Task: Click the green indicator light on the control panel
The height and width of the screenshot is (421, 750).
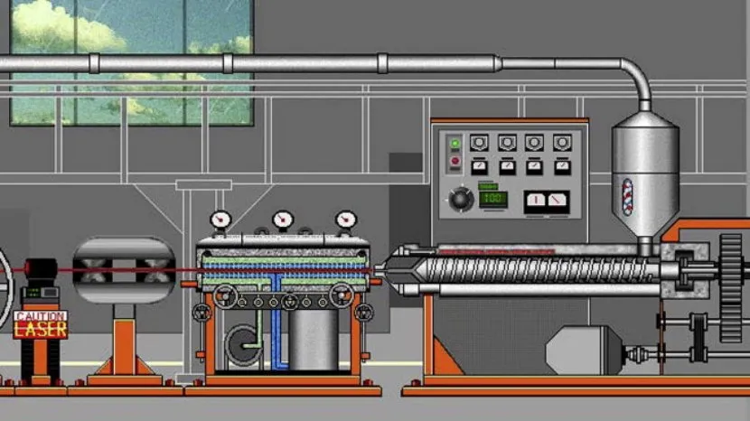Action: pos(455,143)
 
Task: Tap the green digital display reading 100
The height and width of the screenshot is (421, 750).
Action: pos(493,199)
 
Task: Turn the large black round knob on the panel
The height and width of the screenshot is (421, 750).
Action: pos(461,199)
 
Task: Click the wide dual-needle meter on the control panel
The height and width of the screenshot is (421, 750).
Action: pos(547,201)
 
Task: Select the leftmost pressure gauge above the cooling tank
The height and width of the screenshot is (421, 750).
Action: pos(220,220)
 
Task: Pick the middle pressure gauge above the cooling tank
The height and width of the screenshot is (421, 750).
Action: pos(283,220)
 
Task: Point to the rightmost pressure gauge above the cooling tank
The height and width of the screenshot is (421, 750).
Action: pos(345,220)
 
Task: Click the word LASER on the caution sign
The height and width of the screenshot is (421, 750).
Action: pos(41,330)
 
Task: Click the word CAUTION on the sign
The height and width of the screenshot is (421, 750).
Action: pos(41,316)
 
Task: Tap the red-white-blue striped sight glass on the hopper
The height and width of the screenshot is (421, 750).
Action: pos(627,197)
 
